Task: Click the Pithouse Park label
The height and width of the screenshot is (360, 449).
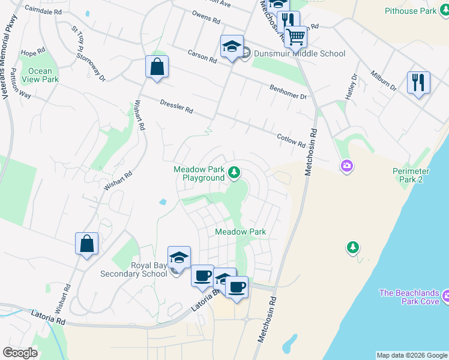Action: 411,11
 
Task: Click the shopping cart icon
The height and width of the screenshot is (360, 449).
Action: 295,37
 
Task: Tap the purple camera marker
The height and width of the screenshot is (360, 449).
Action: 346,166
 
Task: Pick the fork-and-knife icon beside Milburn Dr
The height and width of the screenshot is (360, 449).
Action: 418,82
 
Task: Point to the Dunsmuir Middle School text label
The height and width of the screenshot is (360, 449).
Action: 300,53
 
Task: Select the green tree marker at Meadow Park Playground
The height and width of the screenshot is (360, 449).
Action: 234,174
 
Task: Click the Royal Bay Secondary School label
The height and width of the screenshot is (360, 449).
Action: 149,269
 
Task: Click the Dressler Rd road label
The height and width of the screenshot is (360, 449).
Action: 176,107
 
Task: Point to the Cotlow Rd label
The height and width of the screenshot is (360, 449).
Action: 291,140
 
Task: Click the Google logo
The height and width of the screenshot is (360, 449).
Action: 20,353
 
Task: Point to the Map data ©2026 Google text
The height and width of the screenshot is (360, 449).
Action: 412,355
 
